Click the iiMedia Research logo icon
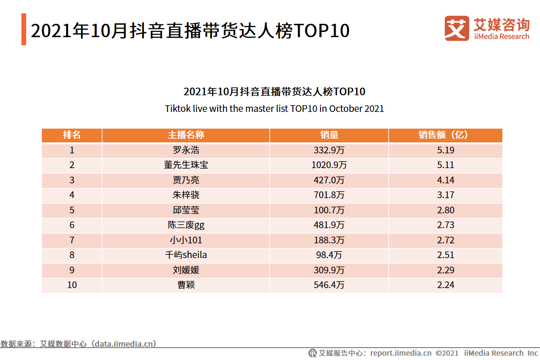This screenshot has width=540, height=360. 457,28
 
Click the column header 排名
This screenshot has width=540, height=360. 72,135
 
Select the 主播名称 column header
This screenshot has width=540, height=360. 186,135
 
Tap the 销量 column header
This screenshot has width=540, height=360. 329,135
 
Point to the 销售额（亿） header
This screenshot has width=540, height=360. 445,135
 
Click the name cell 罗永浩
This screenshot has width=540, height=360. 186,150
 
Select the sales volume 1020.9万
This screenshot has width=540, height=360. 329,165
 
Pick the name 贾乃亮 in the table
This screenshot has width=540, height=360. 186,180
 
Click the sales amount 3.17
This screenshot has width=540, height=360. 445,195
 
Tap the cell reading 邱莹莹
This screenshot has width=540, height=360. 186,210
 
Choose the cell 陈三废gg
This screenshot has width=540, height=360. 186,225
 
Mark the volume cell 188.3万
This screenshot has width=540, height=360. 329,240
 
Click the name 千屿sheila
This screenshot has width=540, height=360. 186,255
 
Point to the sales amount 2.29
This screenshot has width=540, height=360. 445,270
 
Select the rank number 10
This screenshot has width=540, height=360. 72,285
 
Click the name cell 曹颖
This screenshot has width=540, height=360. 186,285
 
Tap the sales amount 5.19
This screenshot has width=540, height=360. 445,150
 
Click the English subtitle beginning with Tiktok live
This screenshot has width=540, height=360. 274,109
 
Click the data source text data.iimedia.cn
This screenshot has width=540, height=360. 124,344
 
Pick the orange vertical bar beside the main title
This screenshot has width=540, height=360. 24,30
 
